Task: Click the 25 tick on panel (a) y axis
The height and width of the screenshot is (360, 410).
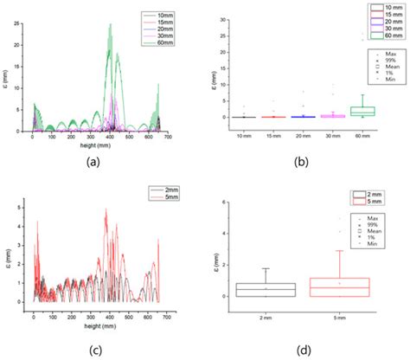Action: [x=18, y=22]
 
